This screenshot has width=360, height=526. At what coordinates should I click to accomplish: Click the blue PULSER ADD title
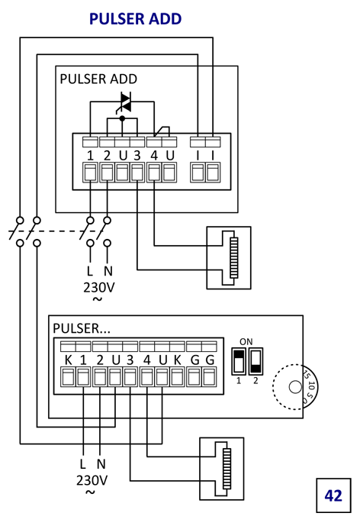click(x=136, y=19)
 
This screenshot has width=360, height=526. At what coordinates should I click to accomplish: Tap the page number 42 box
click(x=333, y=495)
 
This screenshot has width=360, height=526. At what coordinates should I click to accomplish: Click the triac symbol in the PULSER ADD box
click(x=126, y=102)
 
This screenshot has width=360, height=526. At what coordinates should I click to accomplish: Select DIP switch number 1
click(x=239, y=361)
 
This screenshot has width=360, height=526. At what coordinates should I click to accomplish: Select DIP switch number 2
click(x=256, y=361)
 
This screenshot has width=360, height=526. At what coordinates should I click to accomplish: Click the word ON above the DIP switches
click(x=246, y=342)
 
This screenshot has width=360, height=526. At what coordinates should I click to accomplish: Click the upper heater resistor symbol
click(x=234, y=257)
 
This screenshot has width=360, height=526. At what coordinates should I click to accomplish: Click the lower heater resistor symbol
click(x=227, y=469)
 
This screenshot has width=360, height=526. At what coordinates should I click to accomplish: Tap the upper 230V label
click(x=99, y=288)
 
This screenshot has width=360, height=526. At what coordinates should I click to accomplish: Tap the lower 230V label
click(x=92, y=480)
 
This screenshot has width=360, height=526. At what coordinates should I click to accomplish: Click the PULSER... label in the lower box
click(x=82, y=328)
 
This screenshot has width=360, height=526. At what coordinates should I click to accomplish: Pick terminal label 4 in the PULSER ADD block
click(x=154, y=156)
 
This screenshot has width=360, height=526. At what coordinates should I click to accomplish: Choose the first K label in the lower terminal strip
click(x=68, y=360)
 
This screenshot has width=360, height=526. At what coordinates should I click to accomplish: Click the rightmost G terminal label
click(x=210, y=360)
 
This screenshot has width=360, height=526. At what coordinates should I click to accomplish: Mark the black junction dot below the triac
click(x=122, y=118)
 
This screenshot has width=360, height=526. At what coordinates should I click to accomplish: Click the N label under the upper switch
click(x=108, y=271)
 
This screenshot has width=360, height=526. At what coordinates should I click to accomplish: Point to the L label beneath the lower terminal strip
click(x=83, y=464)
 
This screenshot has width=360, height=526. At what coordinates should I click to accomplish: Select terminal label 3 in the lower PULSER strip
click(x=130, y=360)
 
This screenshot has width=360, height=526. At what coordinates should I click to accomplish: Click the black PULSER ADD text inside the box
click(x=98, y=79)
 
